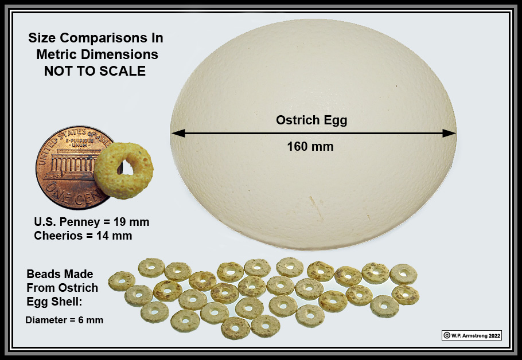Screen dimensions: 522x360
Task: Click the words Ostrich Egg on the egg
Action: click(x=311, y=120)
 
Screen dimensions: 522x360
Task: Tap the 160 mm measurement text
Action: click(x=310, y=146)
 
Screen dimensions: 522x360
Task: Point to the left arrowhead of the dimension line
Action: click(x=178, y=134)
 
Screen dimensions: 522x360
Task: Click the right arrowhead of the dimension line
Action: click(x=449, y=134)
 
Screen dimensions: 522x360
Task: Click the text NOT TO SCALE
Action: click(x=95, y=71)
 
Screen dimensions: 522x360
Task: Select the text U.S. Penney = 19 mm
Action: click(x=92, y=222)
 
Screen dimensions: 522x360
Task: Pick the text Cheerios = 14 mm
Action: click(x=83, y=236)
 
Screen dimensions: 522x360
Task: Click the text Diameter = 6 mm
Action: click(x=64, y=320)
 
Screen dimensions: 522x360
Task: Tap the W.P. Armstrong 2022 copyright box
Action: click(x=472, y=335)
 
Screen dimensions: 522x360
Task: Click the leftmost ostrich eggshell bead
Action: click(x=122, y=281)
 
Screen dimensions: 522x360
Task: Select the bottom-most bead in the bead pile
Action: click(x=235, y=328)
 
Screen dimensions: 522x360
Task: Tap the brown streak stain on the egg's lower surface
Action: click(x=315, y=208)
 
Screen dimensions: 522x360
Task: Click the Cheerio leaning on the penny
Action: click(x=123, y=171)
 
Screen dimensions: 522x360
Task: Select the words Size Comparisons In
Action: click(x=96, y=38)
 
